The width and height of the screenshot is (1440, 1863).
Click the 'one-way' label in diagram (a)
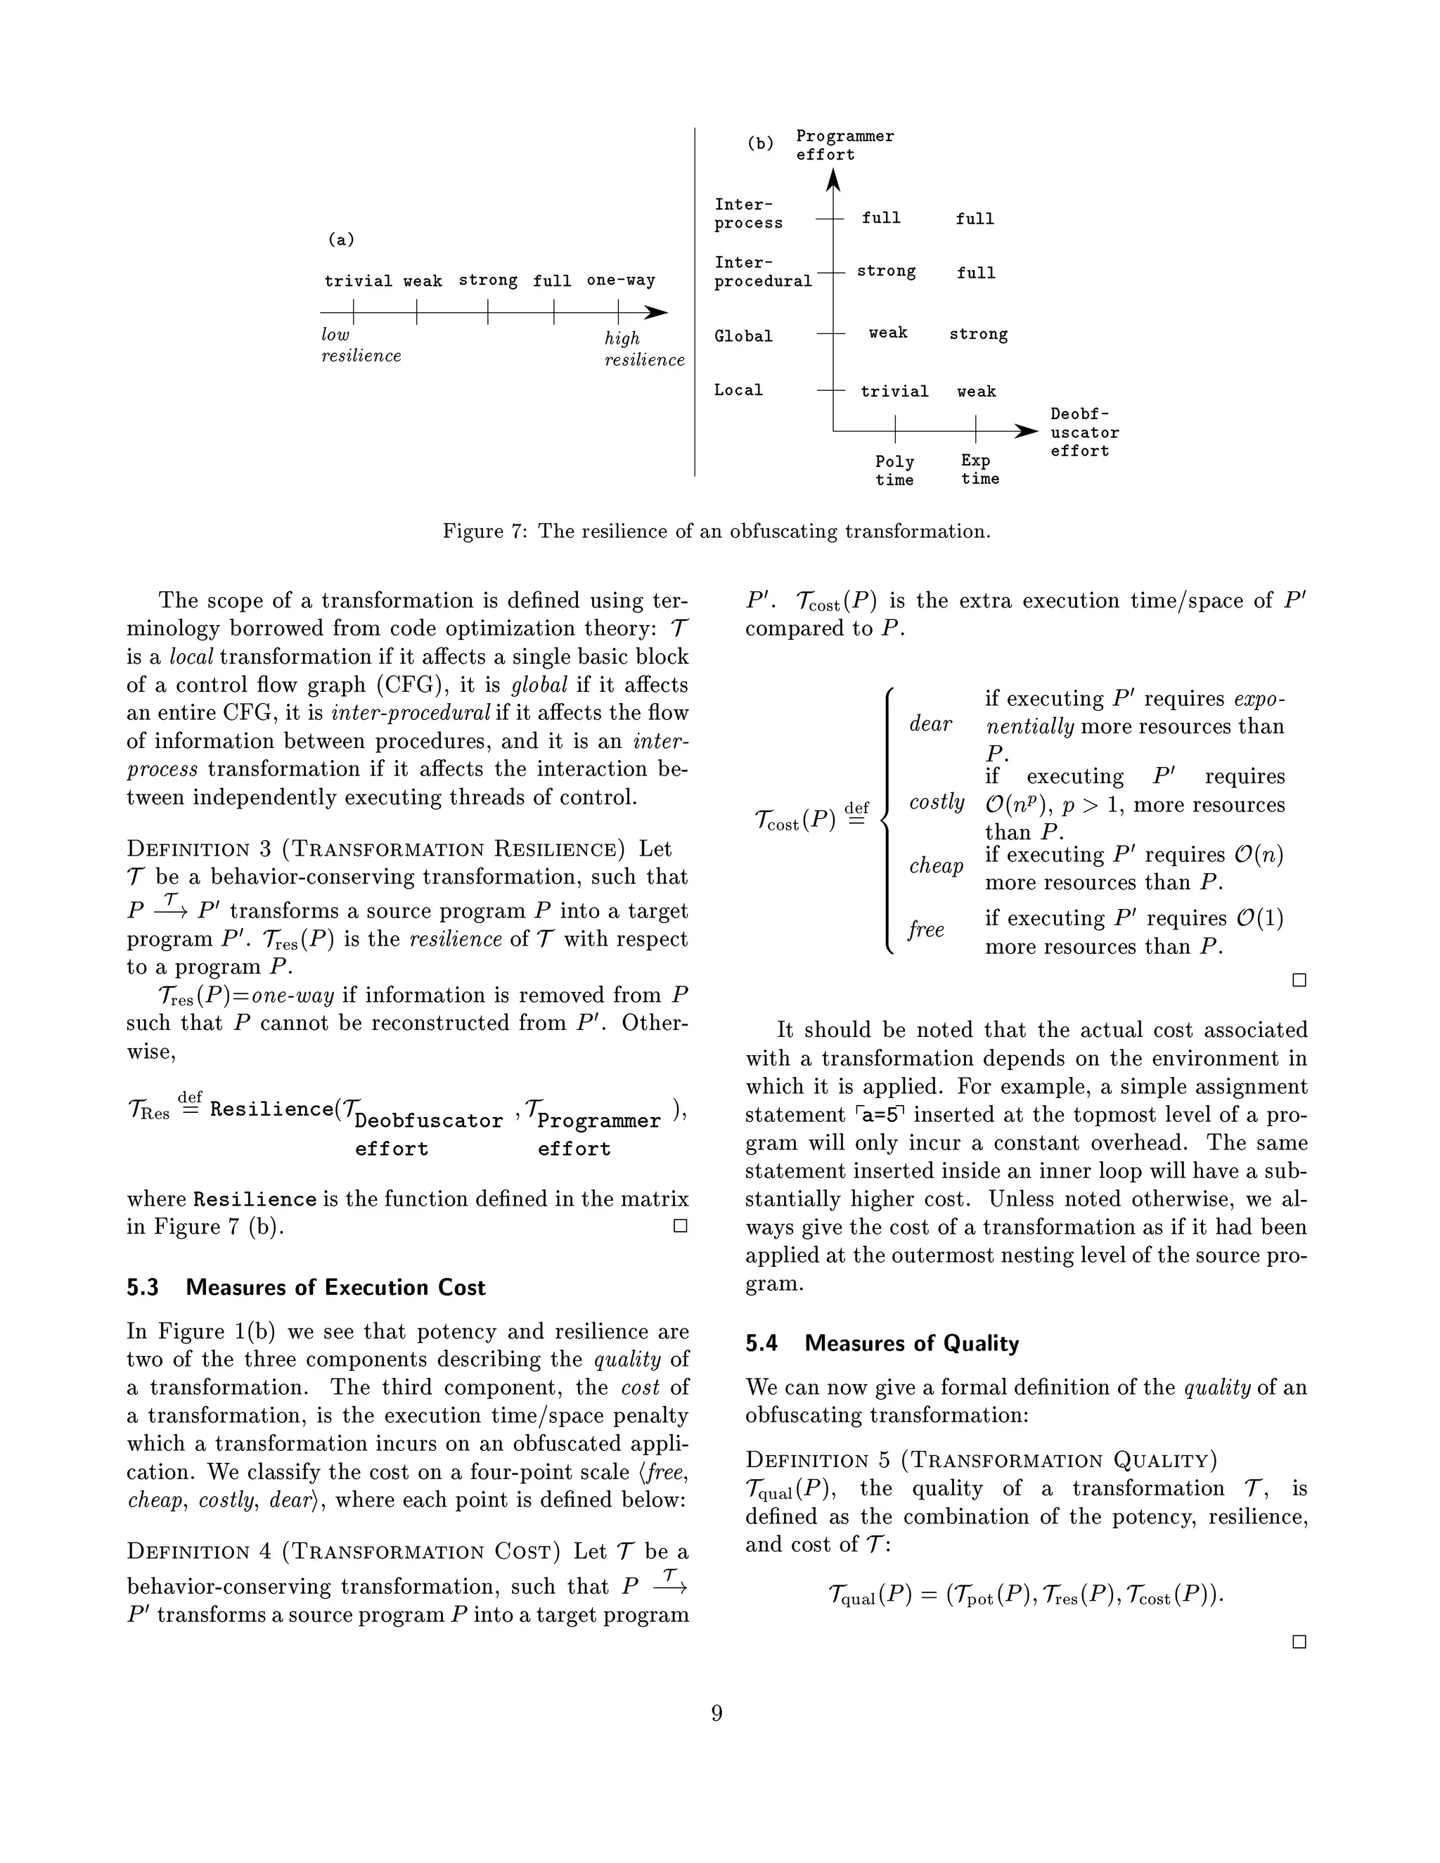point(620,281)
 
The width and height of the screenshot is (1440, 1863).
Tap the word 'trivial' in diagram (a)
point(359,281)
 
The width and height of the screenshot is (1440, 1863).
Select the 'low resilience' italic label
point(360,345)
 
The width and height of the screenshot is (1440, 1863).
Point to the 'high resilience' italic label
point(644,349)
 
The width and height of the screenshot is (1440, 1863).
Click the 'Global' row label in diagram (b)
point(743,337)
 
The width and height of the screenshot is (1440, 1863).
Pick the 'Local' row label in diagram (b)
point(738,391)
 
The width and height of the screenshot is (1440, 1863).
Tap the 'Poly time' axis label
point(894,471)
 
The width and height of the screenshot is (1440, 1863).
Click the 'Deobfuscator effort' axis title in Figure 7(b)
point(1084,432)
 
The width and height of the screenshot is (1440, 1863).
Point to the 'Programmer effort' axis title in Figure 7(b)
point(844,145)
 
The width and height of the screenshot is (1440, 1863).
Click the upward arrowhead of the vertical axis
point(833,179)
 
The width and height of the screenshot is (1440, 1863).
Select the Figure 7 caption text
point(716,531)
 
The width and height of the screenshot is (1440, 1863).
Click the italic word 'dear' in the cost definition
point(930,724)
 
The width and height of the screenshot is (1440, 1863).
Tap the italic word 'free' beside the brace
point(925,929)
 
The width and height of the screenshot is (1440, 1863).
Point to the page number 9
point(716,1713)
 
